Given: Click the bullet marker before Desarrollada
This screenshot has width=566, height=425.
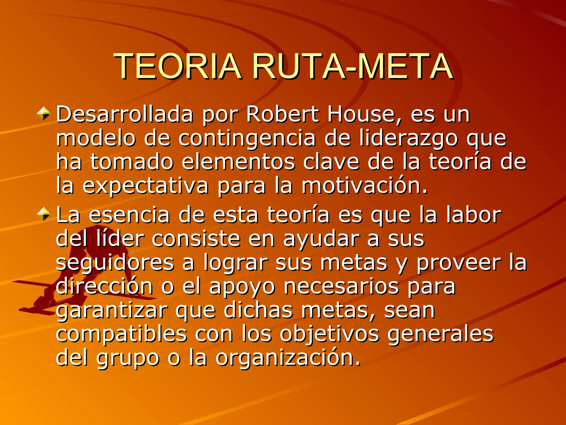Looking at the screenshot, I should click(44, 113).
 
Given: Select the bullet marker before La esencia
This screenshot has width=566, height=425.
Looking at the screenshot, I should click(44, 214).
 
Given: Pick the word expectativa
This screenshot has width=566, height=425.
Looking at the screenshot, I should click(145, 186).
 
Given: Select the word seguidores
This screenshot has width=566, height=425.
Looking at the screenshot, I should click(115, 263).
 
